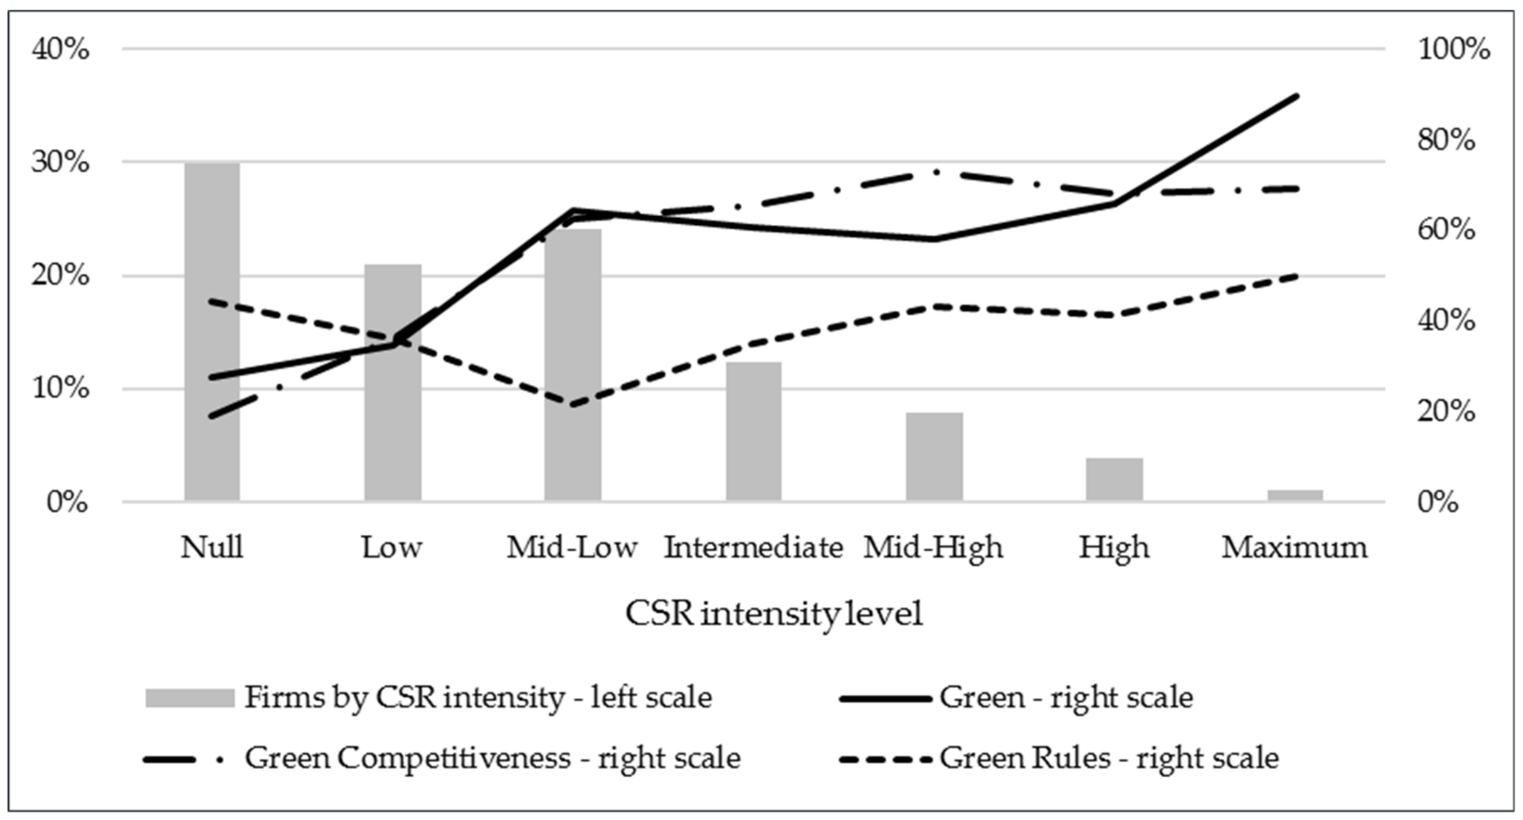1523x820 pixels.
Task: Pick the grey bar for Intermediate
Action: point(754,432)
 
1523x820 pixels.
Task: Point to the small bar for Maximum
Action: point(1295,495)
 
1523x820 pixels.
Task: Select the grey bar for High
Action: point(1115,480)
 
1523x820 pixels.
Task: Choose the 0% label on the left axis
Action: point(67,503)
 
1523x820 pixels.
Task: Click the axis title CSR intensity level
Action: point(774,614)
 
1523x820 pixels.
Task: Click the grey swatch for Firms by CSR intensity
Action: point(190,698)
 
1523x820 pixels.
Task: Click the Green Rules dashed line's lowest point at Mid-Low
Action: point(573,406)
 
